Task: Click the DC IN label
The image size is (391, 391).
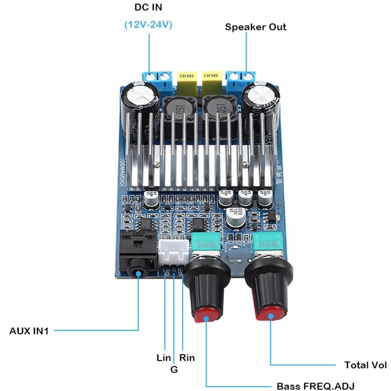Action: [148, 7]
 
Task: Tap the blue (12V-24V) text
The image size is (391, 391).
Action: [148, 24]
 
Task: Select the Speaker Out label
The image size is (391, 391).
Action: [256, 27]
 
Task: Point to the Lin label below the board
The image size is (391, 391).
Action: [164, 358]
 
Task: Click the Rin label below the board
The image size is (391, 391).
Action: [187, 358]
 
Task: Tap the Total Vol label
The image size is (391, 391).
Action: [365, 365]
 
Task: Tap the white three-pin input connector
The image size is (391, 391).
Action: [174, 253]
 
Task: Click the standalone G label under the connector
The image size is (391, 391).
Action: [174, 370]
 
